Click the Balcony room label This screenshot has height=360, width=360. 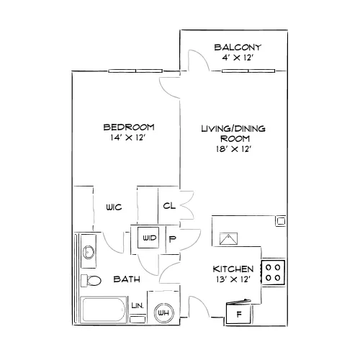pyautogui.click(x=238, y=48)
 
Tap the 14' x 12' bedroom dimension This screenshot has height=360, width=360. pyautogui.click(x=128, y=138)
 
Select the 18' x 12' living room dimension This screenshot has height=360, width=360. pyautogui.click(x=233, y=149)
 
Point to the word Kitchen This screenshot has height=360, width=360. pyautogui.click(x=233, y=269)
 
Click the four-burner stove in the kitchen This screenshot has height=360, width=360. pyautogui.click(x=273, y=272)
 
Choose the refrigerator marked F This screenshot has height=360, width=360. pyautogui.click(x=238, y=312)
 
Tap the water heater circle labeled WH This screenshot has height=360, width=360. pyautogui.click(x=163, y=312)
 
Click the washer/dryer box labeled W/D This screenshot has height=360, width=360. pyautogui.click(x=148, y=238)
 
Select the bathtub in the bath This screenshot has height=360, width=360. pyautogui.click(x=103, y=310)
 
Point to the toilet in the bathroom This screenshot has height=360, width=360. pyautogui.click(x=91, y=280)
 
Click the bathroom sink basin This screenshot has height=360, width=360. pyautogui.click(x=89, y=252)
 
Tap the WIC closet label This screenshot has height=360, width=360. pyautogui.click(x=114, y=207)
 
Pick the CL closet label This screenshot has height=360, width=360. pyautogui.click(x=169, y=206)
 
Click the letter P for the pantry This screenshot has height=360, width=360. pyautogui.click(x=172, y=239)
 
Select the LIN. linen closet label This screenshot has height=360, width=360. pyautogui.click(x=138, y=305)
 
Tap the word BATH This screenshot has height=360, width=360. pyautogui.click(x=127, y=279)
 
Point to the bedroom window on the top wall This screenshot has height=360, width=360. pyautogui.click(x=135, y=71)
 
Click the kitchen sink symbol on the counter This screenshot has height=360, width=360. pyautogui.click(x=228, y=239)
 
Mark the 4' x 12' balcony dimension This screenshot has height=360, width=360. pyautogui.click(x=238, y=58)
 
